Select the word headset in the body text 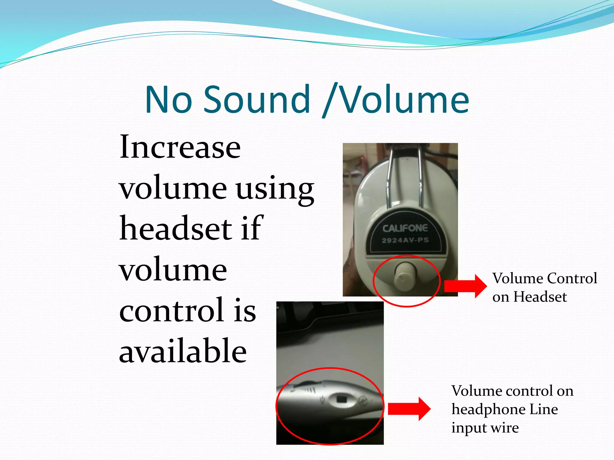click(176, 228)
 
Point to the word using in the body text click(275, 189)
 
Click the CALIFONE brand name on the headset click(405, 229)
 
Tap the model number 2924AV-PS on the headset click(405, 240)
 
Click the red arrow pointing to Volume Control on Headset click(465, 286)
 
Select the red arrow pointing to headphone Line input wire click(409, 409)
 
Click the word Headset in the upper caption click(540, 297)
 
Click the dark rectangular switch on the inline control click(341, 399)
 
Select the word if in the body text click(252, 228)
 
